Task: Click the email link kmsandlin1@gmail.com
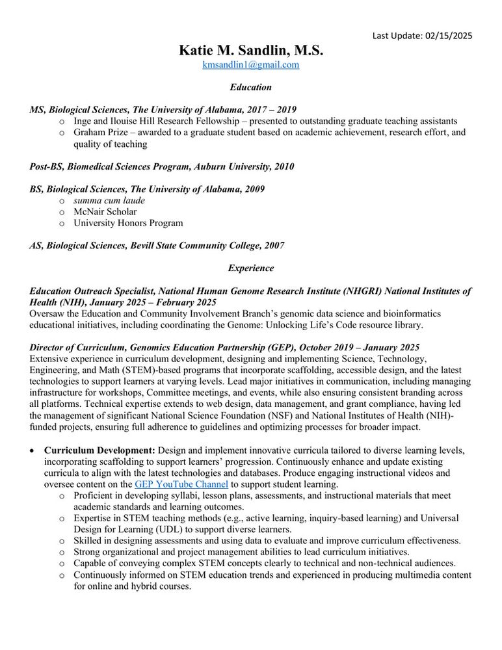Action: click(x=250, y=65)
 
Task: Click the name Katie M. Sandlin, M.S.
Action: click(x=250, y=50)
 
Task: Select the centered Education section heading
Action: click(x=250, y=87)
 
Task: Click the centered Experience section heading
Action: click(x=250, y=268)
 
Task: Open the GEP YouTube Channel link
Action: click(x=181, y=484)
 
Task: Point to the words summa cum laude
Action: click(x=109, y=200)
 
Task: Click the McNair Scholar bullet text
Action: click(x=105, y=211)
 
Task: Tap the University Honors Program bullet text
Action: click(x=128, y=223)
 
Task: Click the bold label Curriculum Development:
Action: click(x=99, y=450)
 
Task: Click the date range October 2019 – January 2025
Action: click(x=343, y=348)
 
